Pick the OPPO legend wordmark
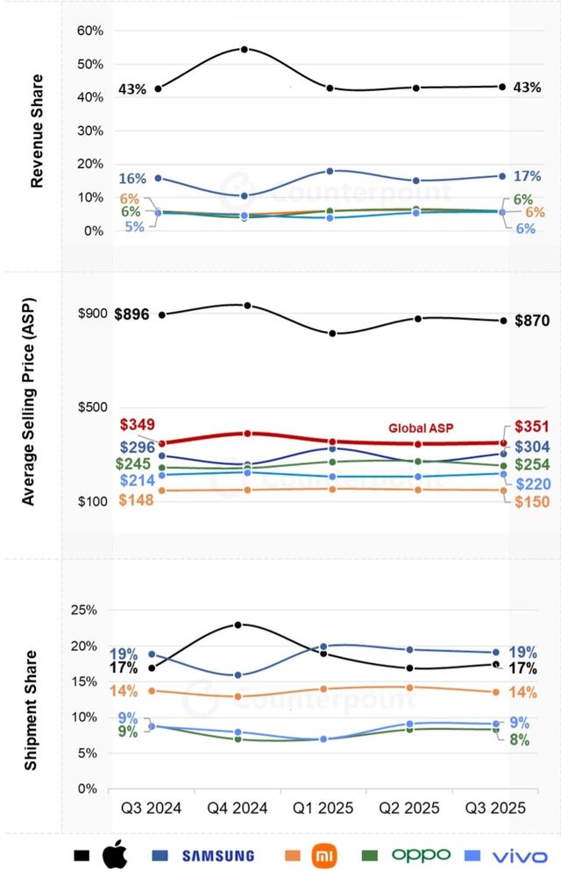[x=421, y=854]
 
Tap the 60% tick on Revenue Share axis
[x=91, y=31]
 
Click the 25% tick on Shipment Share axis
[x=91, y=611]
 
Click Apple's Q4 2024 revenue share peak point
[x=244, y=49]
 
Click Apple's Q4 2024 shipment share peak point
[x=238, y=625]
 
